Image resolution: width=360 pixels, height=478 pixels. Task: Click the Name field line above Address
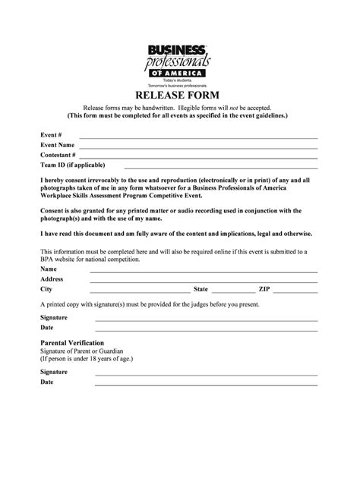[x=204, y=272]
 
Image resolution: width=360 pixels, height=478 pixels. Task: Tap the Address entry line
[x=204, y=281]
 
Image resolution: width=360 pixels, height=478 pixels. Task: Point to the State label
[x=201, y=289]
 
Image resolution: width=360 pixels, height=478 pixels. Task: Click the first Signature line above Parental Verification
[x=205, y=319]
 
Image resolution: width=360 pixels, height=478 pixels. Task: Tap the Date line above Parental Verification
[x=205, y=329]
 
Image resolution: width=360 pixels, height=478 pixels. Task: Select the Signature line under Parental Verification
[x=205, y=375]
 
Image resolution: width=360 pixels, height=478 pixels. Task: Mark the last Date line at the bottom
[x=205, y=385]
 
